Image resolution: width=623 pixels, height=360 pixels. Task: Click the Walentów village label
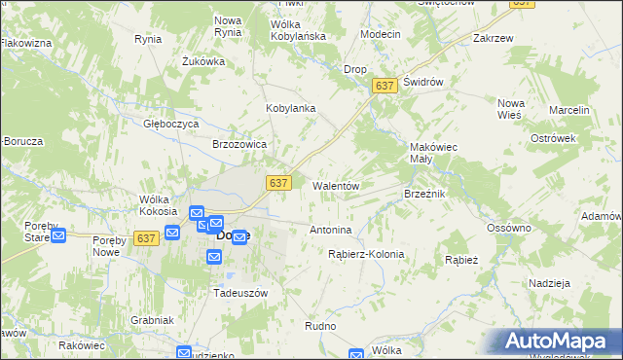pos(337,185)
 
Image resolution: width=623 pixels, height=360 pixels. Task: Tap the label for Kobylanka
pos(291,108)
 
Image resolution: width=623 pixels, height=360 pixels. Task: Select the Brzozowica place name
pos(239,143)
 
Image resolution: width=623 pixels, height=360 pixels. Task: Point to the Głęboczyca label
pos(171,125)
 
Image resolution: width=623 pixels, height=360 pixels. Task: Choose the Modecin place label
pos(380,34)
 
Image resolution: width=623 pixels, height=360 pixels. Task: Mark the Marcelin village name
pos(569,111)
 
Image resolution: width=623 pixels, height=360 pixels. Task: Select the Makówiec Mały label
pos(433,154)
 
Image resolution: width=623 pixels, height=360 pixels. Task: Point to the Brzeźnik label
pos(424,194)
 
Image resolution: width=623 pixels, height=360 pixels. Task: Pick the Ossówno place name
pos(509,228)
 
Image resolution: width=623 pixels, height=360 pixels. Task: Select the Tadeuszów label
pos(240,292)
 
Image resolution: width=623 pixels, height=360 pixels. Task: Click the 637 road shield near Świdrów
pos(385,87)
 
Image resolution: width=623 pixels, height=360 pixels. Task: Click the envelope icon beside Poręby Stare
pos(57,234)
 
